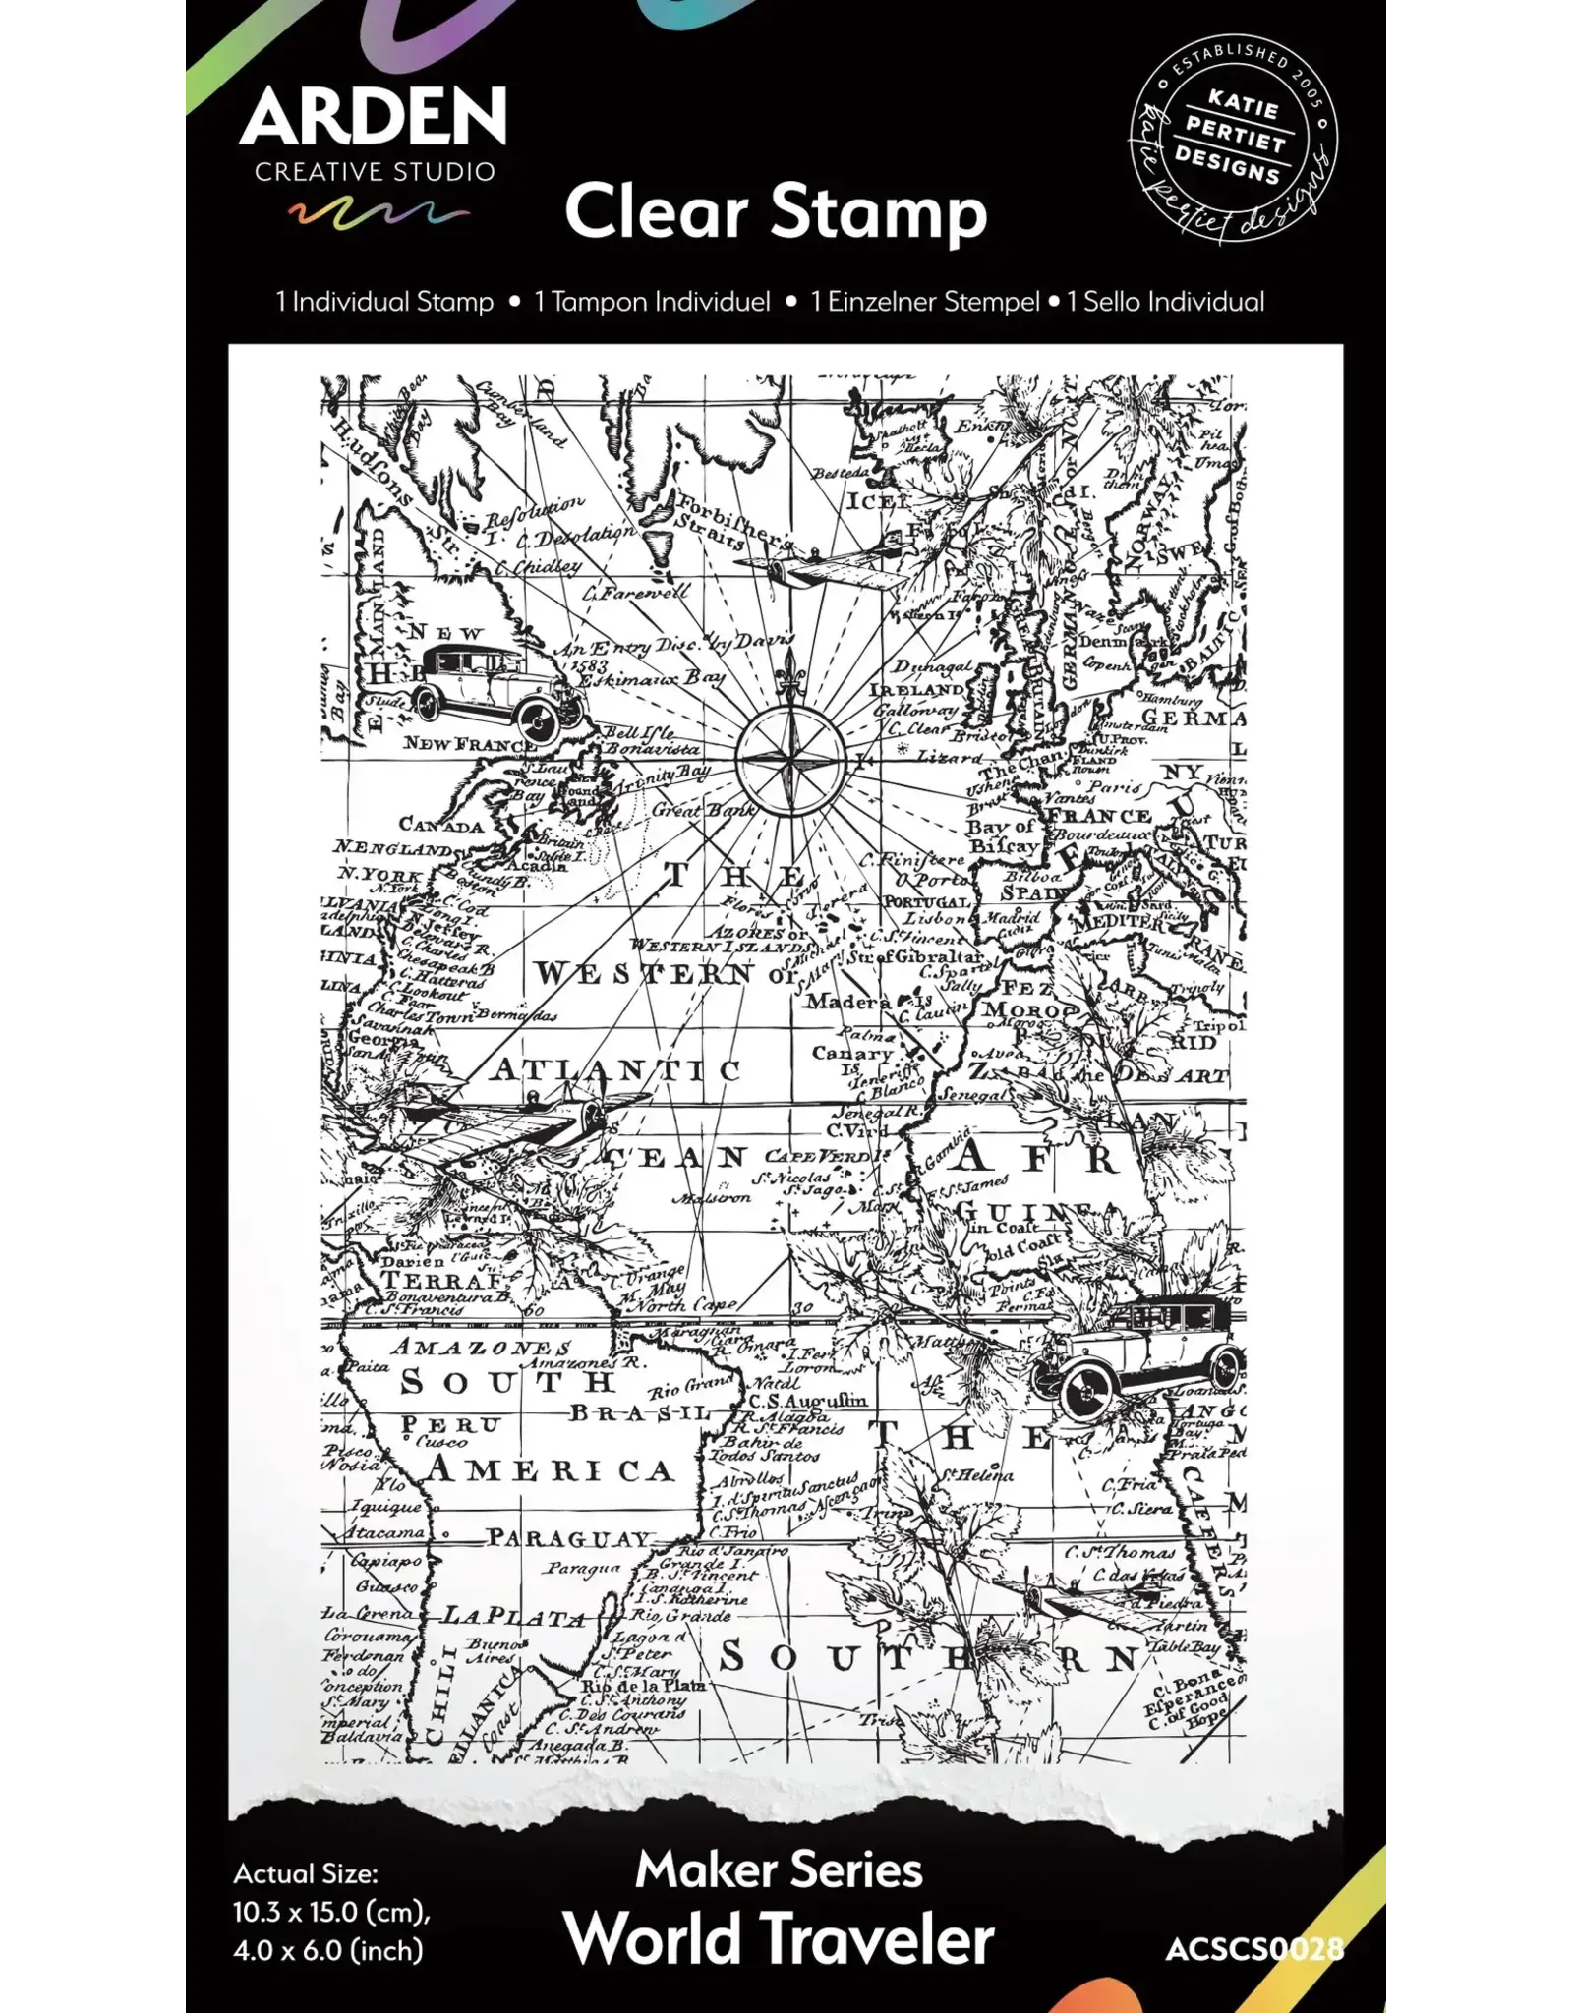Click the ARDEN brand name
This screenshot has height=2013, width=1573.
click(x=373, y=117)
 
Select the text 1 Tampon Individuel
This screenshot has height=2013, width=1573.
click(x=652, y=302)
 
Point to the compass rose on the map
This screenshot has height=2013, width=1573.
click(x=790, y=757)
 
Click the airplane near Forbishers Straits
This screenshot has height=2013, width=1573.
click(x=824, y=568)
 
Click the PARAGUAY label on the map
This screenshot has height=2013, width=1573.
click(x=570, y=1538)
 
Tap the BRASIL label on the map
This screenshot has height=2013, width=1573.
click(x=639, y=1413)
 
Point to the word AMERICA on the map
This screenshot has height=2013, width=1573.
click(x=551, y=1471)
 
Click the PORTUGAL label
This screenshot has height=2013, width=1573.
click(x=927, y=901)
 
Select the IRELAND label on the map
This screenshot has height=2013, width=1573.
click(x=916, y=690)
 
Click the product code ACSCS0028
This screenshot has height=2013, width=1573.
click(x=1253, y=1948)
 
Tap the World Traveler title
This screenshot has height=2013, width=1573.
click(x=779, y=1938)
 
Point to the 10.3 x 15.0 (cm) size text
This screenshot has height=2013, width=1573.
click(x=331, y=1913)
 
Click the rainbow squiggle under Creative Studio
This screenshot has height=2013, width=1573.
click(x=379, y=213)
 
